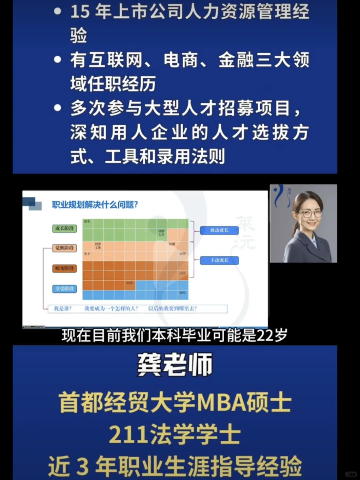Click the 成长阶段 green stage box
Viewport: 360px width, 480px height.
pos(65,228)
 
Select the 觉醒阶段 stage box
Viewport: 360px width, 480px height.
pos(65,248)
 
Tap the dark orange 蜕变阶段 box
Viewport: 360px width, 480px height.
pos(65,268)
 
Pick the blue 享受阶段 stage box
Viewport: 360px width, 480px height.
pos(65,289)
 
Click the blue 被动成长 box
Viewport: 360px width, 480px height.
pos(219,230)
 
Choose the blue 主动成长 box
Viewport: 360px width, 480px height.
pos(219,260)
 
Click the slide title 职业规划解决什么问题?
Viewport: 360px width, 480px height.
pos(95,205)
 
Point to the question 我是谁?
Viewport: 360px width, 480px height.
pos(63,309)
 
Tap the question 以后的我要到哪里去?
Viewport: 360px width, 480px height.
pos(172,309)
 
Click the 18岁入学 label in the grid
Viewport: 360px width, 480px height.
pos(161,233)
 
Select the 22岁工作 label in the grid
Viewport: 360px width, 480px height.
pos(98,246)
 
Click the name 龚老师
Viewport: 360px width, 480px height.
pos(175,364)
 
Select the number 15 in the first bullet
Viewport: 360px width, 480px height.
pos(80,11)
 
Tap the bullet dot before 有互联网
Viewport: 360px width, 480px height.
pos(58,60)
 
